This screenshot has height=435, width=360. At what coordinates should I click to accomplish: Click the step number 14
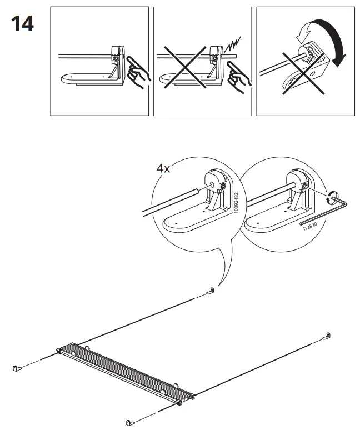23,24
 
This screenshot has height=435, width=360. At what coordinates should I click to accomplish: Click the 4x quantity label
163,168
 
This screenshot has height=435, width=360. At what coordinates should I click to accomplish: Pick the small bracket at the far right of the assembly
328,336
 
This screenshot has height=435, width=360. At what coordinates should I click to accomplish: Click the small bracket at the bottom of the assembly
131,423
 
